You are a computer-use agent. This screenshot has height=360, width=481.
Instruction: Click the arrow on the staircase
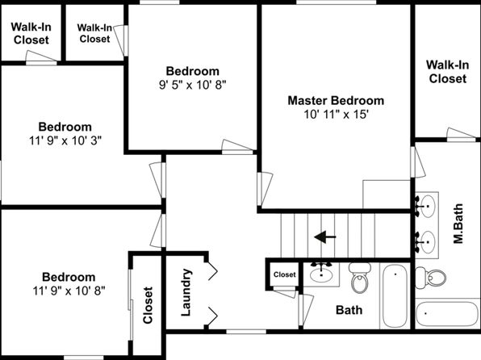pyautogui.click(x=325, y=237)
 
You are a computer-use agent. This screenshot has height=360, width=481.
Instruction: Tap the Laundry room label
pyautogui.click(x=186, y=292)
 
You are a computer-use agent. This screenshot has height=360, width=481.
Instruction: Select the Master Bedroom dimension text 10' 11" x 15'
pyautogui.click(x=336, y=115)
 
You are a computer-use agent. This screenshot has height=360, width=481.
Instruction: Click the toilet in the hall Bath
pyautogui.click(x=359, y=277)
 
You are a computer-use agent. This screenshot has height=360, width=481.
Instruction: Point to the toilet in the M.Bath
pyautogui.click(x=430, y=278)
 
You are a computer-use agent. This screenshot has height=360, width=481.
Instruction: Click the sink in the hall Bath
pyautogui.click(x=321, y=273)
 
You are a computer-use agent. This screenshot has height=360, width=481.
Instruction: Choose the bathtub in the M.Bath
pyautogui.click(x=447, y=314)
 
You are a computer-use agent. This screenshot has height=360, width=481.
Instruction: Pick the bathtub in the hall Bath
pyautogui.click(x=395, y=295)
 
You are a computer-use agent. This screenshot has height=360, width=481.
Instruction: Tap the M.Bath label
pyautogui.click(x=458, y=224)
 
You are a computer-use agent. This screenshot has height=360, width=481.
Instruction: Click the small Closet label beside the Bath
pyautogui.click(x=285, y=274)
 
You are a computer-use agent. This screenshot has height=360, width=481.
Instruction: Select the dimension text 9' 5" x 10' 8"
pyautogui.click(x=193, y=85)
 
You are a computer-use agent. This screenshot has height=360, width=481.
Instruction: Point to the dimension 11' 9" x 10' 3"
pyautogui.click(x=65, y=140)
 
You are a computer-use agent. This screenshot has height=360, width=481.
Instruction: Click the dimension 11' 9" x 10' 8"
pyautogui.click(x=69, y=291)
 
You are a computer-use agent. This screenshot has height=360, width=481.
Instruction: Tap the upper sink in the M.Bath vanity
pyautogui.click(x=426, y=205)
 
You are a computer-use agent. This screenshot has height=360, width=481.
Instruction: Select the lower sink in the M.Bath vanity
pyautogui.click(x=426, y=242)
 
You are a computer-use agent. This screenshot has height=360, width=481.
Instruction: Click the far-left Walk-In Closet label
pyautogui.click(x=31, y=33)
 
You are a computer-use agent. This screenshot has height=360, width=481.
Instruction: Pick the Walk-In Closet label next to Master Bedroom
pyautogui.click(x=448, y=72)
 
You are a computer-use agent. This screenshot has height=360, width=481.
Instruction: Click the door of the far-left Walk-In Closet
pyautogui.click(x=41, y=57)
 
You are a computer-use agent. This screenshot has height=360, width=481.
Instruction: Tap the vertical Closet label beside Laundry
pyautogui.click(x=148, y=305)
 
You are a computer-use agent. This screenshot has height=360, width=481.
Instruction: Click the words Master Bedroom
pyautogui.click(x=336, y=101)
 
